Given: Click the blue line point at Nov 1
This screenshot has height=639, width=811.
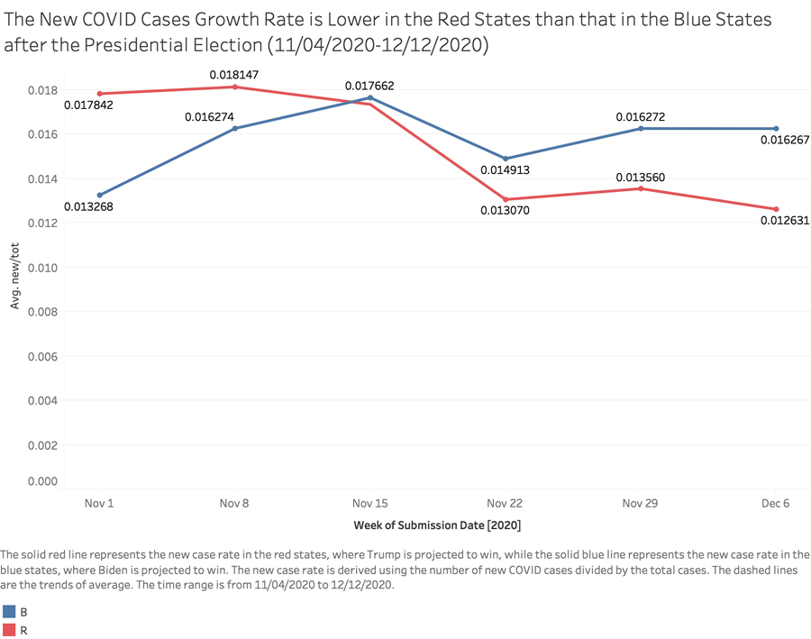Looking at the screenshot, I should coord(100,195).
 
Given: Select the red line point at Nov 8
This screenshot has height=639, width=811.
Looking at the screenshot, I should coord(235,87).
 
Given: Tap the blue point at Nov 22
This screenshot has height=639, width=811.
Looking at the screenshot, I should coord(506,159).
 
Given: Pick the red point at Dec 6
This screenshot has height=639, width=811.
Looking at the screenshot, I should coord(776,209).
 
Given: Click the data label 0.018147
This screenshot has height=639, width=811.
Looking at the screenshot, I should coord(234,75).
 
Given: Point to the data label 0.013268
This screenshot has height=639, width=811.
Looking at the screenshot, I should coord(88,207).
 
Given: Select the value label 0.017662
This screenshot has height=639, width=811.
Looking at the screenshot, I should coord(369,86).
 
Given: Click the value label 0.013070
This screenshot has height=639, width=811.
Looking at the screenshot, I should coord(505,213).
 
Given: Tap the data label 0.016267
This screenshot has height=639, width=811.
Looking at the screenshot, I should coord(784,141).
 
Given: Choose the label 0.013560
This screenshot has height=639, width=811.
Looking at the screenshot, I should coord(640,178).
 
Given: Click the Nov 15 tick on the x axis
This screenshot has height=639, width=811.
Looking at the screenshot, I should coord(370,503).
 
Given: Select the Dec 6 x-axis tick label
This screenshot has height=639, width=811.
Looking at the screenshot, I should coord(775,503).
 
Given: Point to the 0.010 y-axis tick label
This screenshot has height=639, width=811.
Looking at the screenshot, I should coord(41,268).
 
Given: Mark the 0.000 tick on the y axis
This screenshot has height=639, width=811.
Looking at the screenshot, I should coord(41,481).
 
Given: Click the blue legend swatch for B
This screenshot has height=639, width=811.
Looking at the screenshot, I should coord(10,610).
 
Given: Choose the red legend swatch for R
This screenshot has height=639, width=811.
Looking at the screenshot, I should coord(10,630).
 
